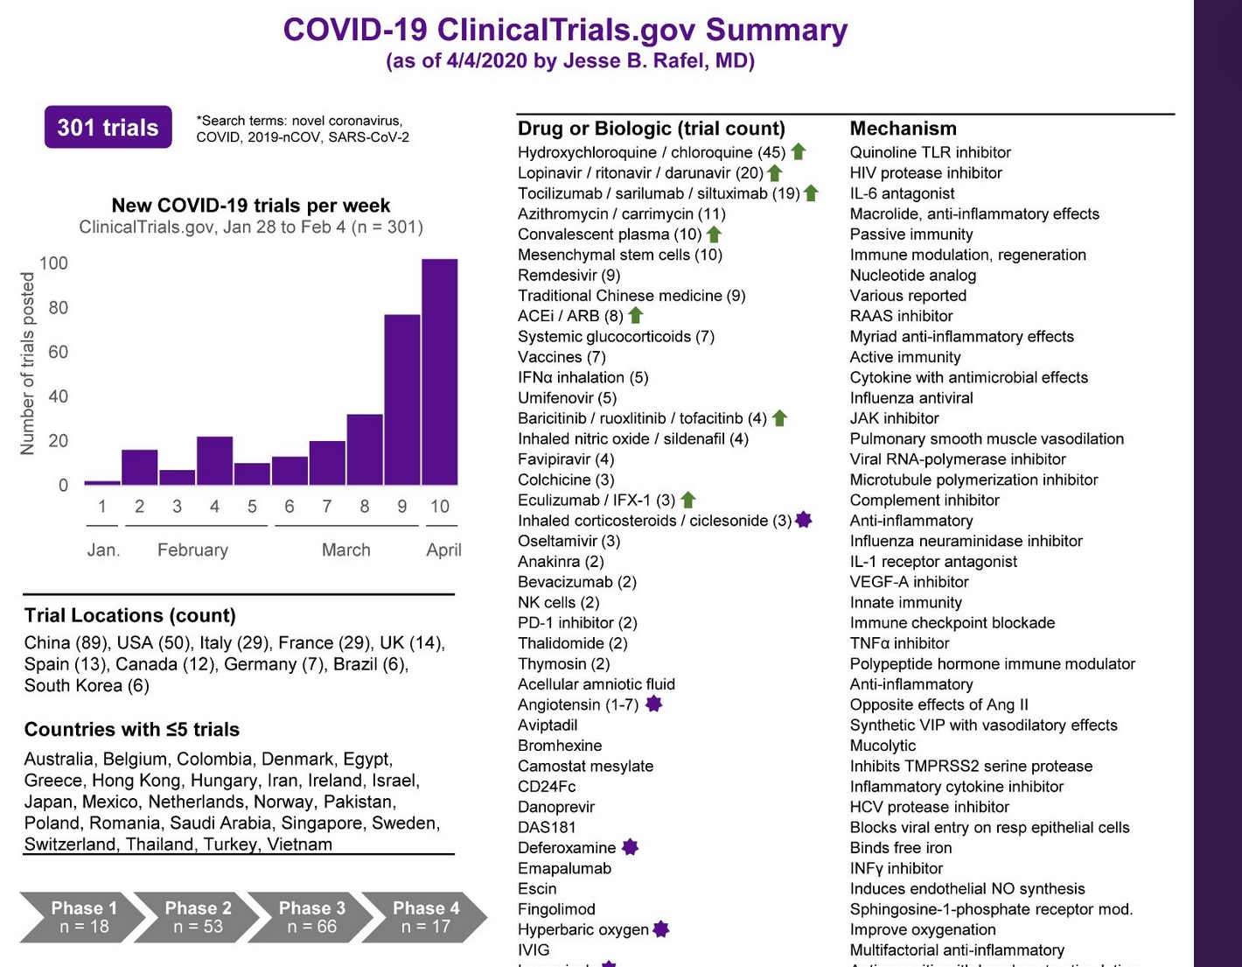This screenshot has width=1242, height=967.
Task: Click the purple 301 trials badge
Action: (x=108, y=128)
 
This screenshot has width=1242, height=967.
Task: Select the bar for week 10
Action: (x=439, y=372)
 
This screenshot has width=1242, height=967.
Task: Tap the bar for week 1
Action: (x=102, y=482)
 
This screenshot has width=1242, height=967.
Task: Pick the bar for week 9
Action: (x=402, y=399)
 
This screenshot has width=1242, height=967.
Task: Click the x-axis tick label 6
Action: (x=290, y=507)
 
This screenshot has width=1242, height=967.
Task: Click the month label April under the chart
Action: (x=443, y=550)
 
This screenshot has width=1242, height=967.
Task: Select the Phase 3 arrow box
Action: (x=311, y=917)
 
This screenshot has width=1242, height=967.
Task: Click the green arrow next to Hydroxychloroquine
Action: (x=799, y=152)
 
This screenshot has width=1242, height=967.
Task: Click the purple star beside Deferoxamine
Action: (x=630, y=847)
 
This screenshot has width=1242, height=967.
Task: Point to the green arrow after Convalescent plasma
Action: (x=715, y=235)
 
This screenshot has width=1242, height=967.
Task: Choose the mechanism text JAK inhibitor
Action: (x=894, y=418)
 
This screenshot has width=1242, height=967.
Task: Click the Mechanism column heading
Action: (x=903, y=129)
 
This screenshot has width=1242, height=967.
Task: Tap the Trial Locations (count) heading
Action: (x=130, y=615)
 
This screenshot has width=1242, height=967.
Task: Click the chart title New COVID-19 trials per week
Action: (x=251, y=206)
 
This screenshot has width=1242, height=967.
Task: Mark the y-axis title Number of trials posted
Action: (x=28, y=363)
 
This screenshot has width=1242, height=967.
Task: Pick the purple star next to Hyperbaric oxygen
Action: (x=661, y=929)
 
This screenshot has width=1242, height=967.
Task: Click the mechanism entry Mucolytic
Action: (x=883, y=746)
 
